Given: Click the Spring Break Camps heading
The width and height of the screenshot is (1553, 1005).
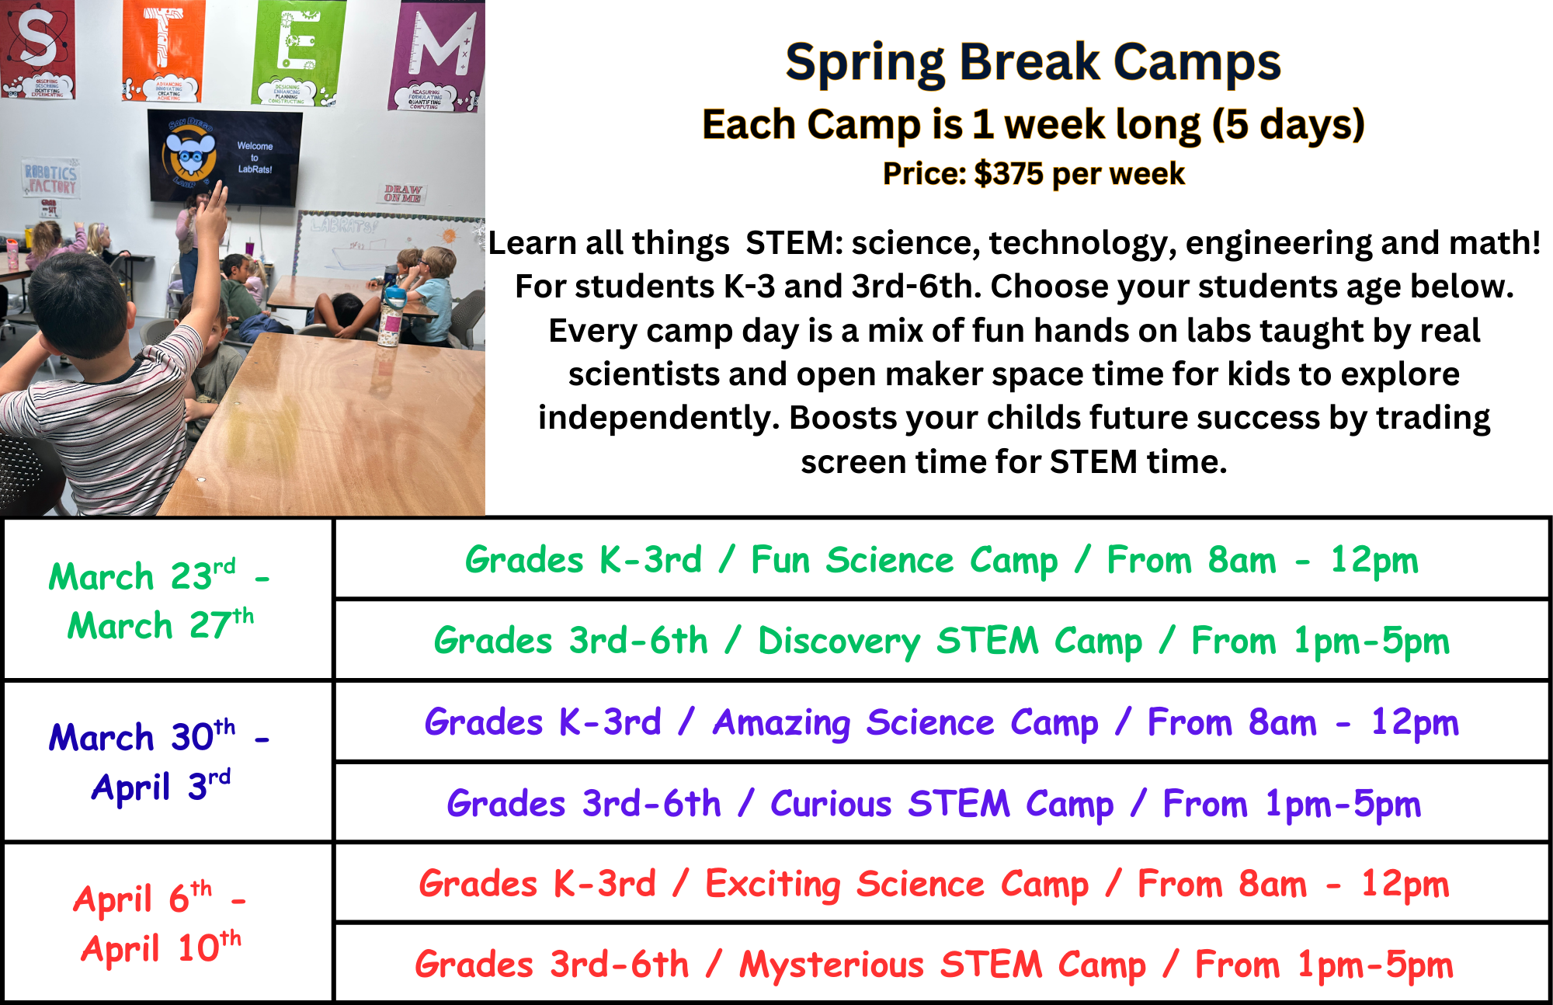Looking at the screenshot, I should pos(1033,62).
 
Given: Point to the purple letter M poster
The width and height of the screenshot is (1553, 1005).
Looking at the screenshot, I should pos(439,54).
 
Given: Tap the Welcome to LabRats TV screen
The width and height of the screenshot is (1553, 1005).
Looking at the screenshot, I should pos(224,156).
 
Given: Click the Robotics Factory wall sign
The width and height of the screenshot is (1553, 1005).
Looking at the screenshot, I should pos(50,179).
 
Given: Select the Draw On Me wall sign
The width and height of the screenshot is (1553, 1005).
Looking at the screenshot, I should pos(402,193).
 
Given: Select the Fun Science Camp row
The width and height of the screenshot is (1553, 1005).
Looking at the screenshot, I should pos(941,560).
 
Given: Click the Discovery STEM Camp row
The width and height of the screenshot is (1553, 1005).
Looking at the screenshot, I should pos(941,641).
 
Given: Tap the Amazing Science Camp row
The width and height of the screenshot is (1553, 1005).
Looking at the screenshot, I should pos(941,722).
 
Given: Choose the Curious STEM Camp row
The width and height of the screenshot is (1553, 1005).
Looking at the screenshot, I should pos(941,803).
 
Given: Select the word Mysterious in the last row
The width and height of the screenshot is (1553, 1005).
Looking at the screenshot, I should pos(831,965).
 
